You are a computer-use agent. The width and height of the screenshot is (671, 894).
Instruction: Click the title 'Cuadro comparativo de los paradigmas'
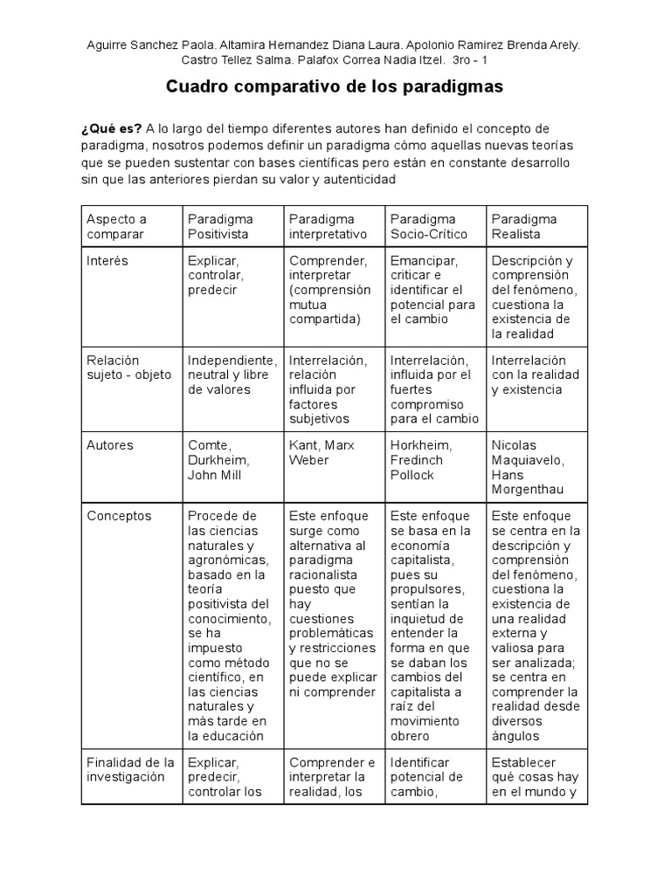(x=335, y=88)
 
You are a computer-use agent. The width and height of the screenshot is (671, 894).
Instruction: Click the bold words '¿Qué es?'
(x=106, y=129)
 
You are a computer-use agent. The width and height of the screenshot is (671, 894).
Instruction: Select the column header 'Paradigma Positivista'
(x=220, y=227)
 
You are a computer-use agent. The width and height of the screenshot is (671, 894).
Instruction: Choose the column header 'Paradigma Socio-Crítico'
(x=429, y=227)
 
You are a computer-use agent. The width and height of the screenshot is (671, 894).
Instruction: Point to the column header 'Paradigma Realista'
(x=524, y=227)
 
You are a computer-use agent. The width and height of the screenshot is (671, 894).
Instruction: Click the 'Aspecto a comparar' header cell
(x=117, y=227)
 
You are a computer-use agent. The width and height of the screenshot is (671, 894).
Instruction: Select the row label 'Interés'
(x=107, y=261)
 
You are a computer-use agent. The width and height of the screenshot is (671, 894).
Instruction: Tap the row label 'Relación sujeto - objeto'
(x=129, y=368)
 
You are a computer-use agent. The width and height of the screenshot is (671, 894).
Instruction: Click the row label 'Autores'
(x=110, y=445)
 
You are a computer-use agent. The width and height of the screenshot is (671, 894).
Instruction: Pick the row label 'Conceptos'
(x=119, y=516)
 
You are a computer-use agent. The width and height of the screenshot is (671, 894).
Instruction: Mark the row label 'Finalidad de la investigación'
(x=130, y=770)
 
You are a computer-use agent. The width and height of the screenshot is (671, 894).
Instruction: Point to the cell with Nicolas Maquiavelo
(x=528, y=467)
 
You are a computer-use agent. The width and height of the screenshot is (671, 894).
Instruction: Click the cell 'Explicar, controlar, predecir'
(x=215, y=276)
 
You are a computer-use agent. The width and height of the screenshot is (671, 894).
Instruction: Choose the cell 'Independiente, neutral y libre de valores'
(x=232, y=375)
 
